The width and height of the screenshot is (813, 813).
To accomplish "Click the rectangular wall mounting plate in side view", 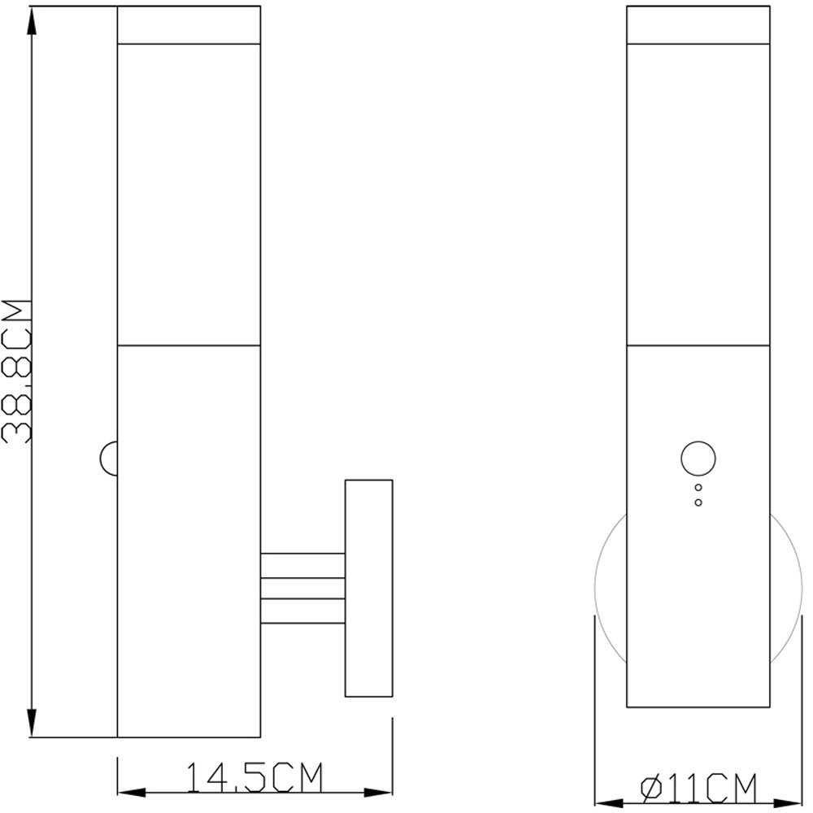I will click(x=369, y=588).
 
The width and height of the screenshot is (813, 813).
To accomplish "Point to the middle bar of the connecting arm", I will click(x=302, y=589).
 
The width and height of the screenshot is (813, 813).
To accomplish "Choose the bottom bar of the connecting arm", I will click(x=302, y=611).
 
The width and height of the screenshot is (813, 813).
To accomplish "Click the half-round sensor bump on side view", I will click(x=108, y=457).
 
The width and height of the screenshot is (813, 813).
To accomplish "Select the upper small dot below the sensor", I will click(x=698, y=488).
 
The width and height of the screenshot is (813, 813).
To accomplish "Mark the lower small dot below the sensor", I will click(x=698, y=502).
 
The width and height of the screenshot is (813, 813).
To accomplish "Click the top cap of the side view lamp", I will click(x=189, y=24).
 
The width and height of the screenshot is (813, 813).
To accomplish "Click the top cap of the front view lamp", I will click(x=698, y=24).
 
